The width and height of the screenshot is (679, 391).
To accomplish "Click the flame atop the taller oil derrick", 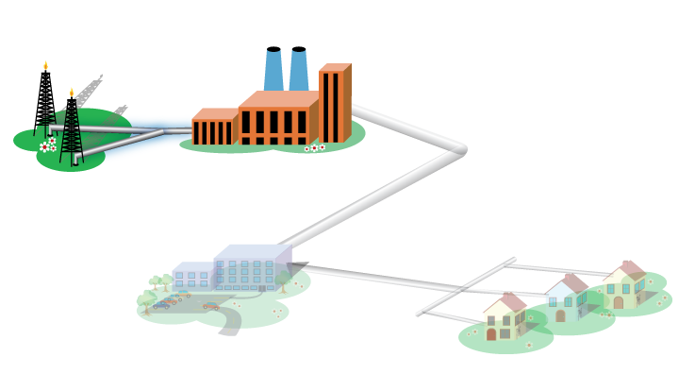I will point(45,66).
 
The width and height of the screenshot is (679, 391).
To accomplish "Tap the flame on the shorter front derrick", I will point(71,93).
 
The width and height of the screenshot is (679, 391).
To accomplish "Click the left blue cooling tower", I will point(273,70).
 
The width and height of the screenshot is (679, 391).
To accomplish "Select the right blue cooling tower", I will point(299,70).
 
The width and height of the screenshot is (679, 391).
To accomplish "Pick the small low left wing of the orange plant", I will point(212,130).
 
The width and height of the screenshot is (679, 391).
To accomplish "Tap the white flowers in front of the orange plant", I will point(314,147).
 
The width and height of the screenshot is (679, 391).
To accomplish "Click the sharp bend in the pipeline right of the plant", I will point(461,149).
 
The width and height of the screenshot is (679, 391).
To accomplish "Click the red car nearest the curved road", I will point(210,306).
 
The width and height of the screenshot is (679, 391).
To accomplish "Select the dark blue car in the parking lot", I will point(161,305).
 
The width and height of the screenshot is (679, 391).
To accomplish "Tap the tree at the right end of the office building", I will point(282,280).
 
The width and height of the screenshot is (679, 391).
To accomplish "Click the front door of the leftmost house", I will point(491,333).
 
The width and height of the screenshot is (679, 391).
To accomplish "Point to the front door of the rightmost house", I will point(619,302).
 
